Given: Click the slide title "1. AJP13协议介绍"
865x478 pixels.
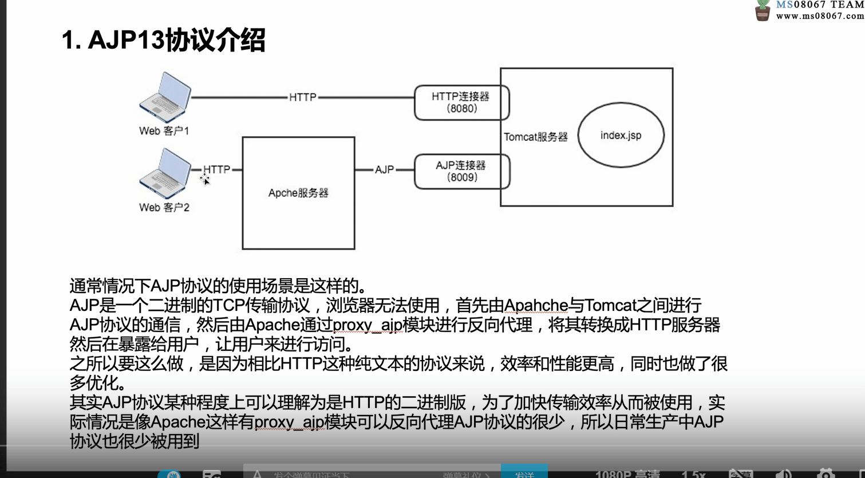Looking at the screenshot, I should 163,41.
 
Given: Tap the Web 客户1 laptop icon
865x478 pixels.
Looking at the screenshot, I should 165,97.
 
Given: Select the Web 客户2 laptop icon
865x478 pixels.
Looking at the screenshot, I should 165,173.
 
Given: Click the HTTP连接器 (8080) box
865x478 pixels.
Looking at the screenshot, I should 461,102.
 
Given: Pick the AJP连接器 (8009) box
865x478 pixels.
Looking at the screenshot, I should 461,171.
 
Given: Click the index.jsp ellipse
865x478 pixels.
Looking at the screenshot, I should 621,136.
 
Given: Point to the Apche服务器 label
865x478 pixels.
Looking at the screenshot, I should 298,193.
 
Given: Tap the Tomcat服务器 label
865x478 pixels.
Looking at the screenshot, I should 536,137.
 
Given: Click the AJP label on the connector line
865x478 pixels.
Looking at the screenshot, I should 384,170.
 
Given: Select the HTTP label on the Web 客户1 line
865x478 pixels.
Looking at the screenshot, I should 302,97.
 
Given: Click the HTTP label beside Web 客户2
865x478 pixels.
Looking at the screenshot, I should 216,169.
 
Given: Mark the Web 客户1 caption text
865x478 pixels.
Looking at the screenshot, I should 164,131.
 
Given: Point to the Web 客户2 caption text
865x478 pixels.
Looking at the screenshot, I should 164,207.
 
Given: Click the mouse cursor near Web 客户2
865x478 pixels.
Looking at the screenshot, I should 205,180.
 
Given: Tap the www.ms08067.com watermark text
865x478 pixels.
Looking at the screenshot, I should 820,16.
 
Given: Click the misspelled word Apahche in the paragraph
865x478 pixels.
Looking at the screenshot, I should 536,306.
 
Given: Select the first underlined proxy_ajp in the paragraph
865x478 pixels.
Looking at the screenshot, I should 368,325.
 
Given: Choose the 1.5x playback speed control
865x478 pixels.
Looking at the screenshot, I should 693,473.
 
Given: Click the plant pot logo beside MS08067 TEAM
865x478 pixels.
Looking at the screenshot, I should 763,10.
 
